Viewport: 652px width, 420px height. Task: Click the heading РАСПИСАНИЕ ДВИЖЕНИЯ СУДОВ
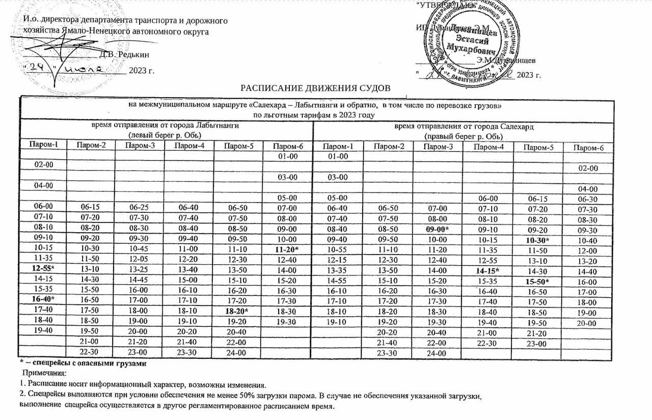point(315,87)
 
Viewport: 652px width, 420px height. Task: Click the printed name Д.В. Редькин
point(124,54)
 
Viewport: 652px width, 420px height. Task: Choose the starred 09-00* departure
point(437,229)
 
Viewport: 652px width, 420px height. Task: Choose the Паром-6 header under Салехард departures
point(588,147)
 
